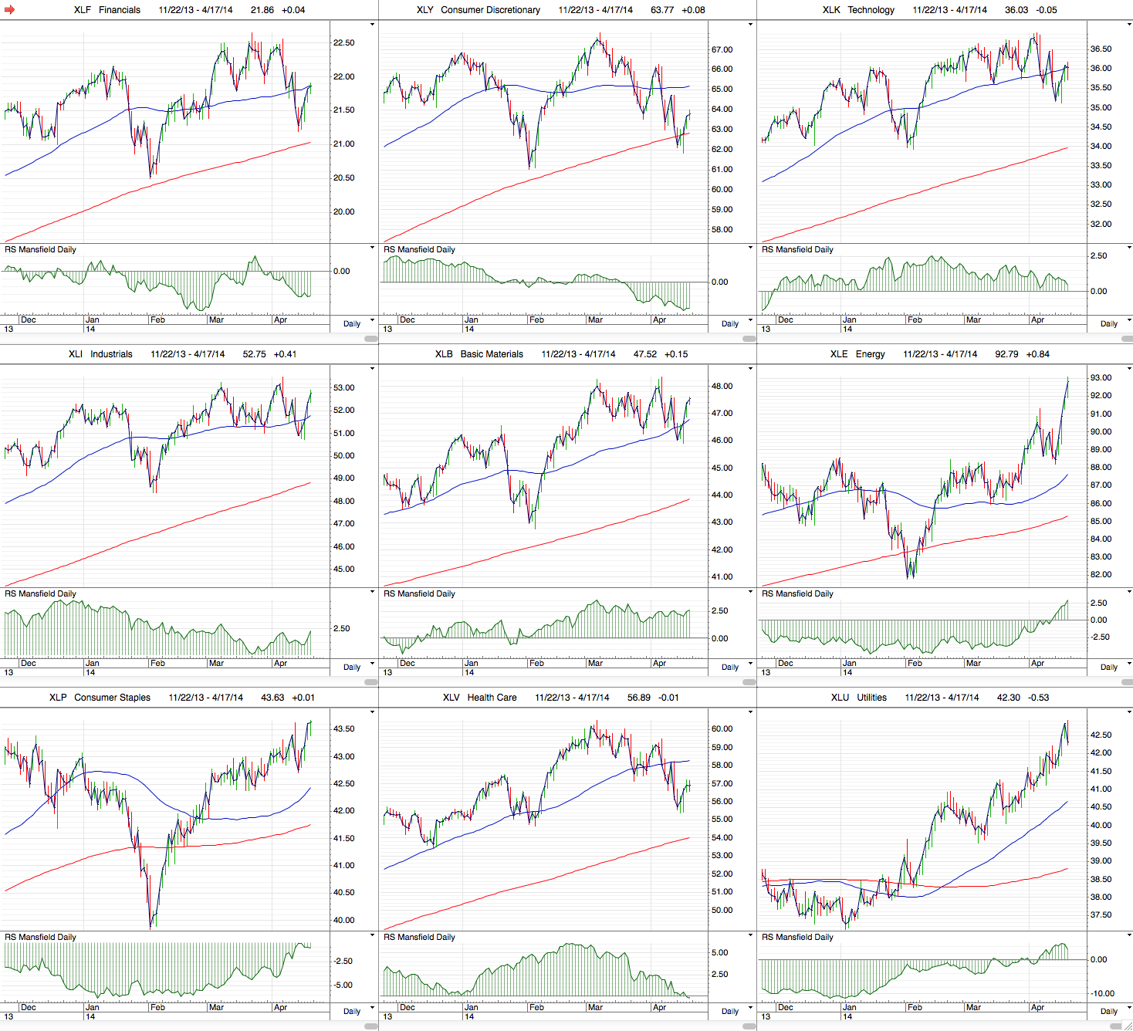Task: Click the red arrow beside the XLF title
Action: [x=10, y=10]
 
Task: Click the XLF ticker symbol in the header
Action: [x=82, y=10]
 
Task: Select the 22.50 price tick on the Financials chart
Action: [x=343, y=42]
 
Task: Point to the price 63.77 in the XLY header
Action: [x=662, y=10]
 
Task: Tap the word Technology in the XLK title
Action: [x=871, y=10]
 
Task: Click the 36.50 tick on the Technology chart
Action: [x=1101, y=49]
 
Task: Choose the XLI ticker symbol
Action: [x=75, y=354]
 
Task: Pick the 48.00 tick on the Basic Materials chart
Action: [x=722, y=386]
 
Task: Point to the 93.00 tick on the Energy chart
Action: [x=1101, y=377]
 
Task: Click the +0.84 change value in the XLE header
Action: [x=1037, y=354]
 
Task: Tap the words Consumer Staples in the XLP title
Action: [x=112, y=698]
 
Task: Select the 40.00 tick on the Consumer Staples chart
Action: [x=343, y=920]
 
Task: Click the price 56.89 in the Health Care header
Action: [x=638, y=698]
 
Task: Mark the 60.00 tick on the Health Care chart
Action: [x=722, y=728]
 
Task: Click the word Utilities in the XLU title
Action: [x=871, y=698]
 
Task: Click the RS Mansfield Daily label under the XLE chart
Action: [x=797, y=593]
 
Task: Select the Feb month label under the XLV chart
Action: [x=536, y=1007]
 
